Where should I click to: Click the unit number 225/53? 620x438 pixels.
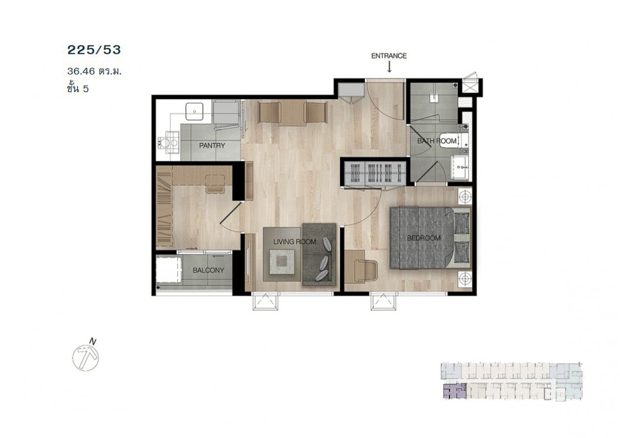(94, 50)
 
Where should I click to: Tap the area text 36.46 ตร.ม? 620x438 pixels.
(94, 71)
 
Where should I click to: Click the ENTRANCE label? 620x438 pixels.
(389, 56)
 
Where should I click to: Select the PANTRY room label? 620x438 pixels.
(212, 145)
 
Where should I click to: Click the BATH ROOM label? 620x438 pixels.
(437, 140)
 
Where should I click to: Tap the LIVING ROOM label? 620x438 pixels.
(295, 241)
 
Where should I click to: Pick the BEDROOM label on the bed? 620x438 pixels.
(424, 238)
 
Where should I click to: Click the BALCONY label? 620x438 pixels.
(208, 270)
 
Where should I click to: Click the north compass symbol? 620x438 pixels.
(86, 357)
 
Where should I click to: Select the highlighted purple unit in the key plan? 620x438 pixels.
(454, 391)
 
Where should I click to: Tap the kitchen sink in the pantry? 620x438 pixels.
(194, 112)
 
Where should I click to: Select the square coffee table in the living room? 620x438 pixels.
(282, 260)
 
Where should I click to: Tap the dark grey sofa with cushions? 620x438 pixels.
(319, 254)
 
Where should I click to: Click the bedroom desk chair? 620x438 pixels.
(366, 271)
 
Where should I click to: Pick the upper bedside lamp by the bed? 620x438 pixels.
(465, 196)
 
